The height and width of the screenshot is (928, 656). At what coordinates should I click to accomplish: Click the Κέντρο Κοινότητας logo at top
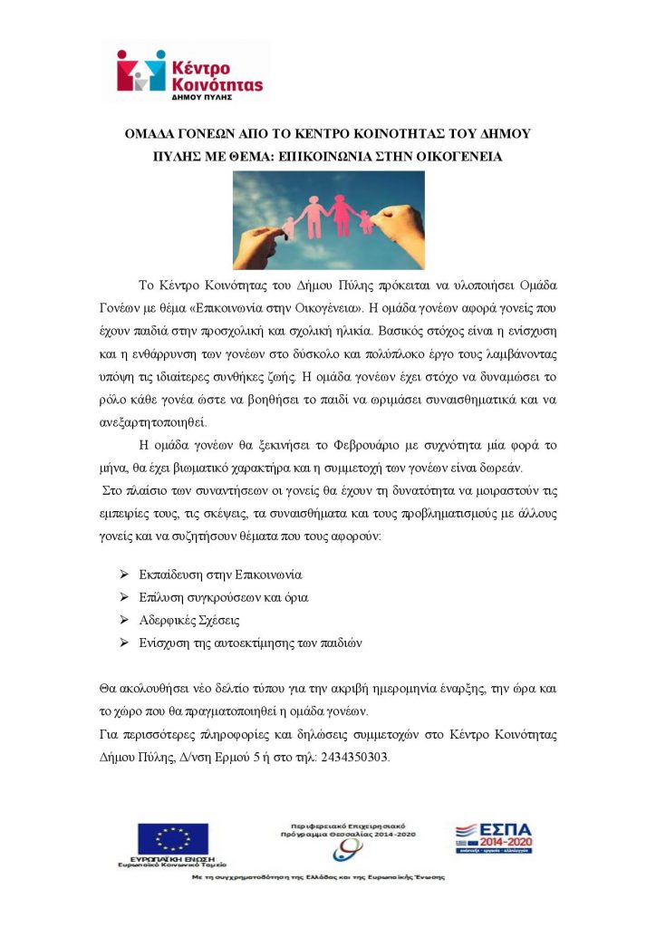click(190, 72)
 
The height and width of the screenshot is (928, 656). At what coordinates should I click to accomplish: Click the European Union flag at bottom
click(172, 838)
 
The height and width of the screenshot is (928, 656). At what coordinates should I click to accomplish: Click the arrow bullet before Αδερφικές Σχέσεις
click(124, 620)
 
